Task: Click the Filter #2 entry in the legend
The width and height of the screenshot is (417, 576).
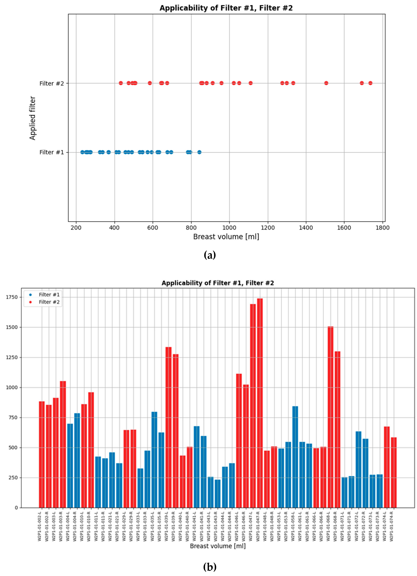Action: coord(49,302)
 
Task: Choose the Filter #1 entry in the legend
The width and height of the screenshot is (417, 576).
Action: coord(49,295)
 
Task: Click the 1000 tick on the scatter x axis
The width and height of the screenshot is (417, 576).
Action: coord(229,228)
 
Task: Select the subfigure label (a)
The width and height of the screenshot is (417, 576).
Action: coord(209,255)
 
